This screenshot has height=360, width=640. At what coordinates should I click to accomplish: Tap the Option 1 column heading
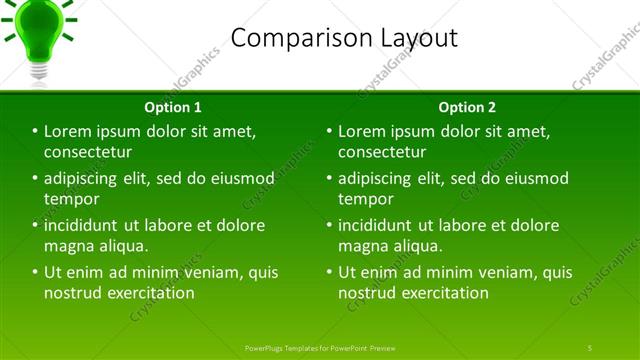172,107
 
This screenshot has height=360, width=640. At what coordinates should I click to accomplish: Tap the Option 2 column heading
466,107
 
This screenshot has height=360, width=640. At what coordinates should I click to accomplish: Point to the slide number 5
590,347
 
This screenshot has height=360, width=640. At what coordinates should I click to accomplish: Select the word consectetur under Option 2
382,152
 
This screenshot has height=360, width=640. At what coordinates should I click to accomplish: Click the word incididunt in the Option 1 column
85,225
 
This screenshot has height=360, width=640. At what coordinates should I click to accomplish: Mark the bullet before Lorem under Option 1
35,131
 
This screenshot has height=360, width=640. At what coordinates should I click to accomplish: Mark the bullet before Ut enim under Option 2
329,272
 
